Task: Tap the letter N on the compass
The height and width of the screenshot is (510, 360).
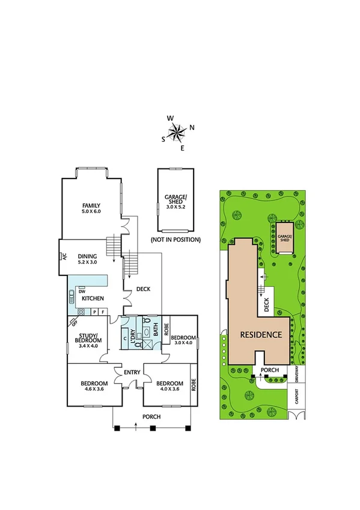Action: [192, 127]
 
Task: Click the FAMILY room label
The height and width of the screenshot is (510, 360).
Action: [91, 208]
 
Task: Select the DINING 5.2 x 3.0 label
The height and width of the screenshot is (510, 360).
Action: [91, 259]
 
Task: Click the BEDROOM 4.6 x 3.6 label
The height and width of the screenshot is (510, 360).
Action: [94, 387]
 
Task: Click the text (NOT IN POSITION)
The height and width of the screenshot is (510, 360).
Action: [175, 239]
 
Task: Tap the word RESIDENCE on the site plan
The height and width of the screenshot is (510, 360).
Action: [261, 334]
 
